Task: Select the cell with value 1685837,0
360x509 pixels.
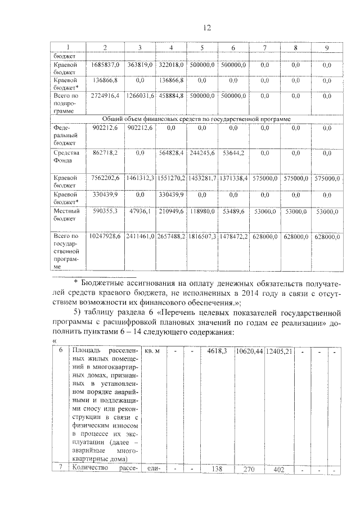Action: [105, 65]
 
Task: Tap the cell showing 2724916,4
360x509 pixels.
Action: [105, 96]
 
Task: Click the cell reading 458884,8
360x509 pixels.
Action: [170, 96]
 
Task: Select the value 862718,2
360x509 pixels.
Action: [105, 152]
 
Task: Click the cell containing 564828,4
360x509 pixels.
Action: [170, 152]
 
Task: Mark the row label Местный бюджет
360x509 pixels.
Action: [66, 215]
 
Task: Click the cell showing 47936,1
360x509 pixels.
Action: [142, 211]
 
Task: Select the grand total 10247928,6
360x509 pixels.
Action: [105, 237]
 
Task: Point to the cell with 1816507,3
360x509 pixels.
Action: [201, 237]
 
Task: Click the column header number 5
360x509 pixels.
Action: [201, 48]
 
